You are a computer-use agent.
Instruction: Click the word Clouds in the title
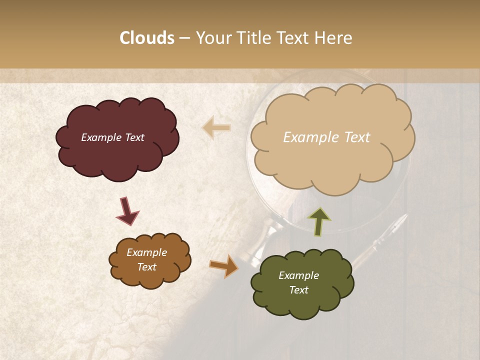tap(147, 38)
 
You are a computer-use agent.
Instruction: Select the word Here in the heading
tap(333, 38)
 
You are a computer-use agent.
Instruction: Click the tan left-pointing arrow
tap(216, 128)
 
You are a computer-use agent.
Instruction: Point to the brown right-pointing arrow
tap(223, 265)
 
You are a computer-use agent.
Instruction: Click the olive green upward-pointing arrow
tap(319, 221)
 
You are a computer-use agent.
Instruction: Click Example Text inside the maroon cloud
tap(112, 137)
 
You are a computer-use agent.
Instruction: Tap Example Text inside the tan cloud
tap(326, 137)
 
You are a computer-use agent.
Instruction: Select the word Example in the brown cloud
tap(146, 252)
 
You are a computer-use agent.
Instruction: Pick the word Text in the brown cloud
tap(146, 267)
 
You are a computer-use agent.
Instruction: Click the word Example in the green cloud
tap(298, 275)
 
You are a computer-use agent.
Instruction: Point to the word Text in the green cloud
tap(298, 290)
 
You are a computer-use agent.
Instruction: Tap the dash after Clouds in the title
tap(184, 38)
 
